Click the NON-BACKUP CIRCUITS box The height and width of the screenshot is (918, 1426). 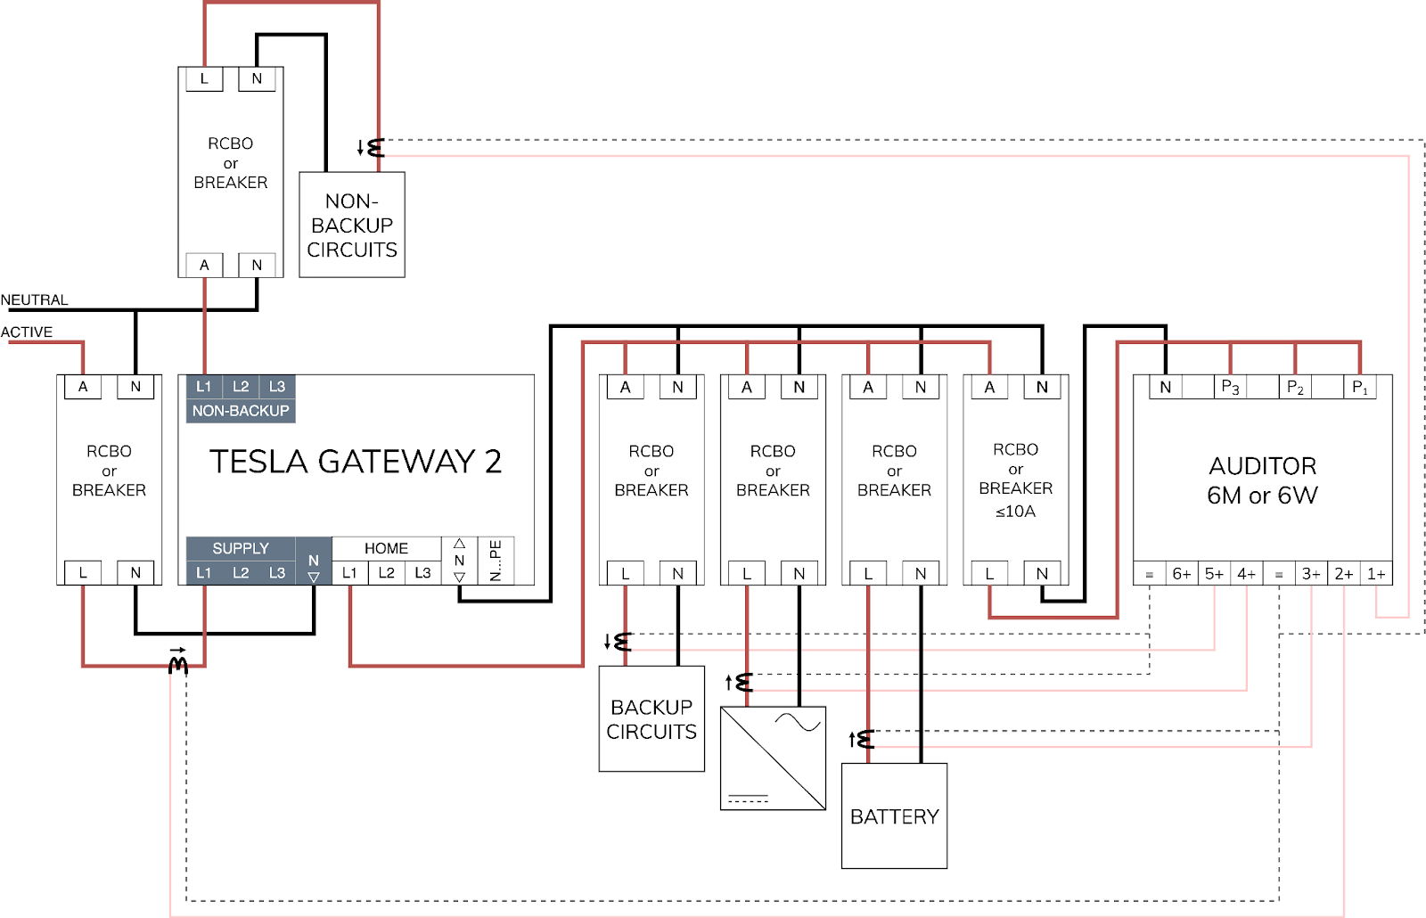click(352, 225)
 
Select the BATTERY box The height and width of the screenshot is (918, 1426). click(894, 816)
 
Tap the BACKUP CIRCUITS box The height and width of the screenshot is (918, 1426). click(652, 719)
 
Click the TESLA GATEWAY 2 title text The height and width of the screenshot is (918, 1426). click(356, 462)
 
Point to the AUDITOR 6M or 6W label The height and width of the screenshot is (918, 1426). click(1262, 480)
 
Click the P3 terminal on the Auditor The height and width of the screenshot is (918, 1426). click(1230, 387)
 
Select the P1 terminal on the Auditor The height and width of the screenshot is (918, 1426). click(1360, 387)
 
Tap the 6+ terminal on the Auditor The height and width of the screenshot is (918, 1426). click(1182, 574)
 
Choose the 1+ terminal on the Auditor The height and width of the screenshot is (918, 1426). click(1376, 574)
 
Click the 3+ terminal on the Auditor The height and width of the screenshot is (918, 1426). click(1311, 574)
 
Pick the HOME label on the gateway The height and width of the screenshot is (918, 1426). click(386, 548)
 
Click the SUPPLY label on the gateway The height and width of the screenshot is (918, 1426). click(241, 548)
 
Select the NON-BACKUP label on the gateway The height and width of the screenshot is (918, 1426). click(241, 411)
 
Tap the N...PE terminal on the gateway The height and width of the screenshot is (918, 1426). click(496, 561)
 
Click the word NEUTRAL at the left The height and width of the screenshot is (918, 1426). click(35, 300)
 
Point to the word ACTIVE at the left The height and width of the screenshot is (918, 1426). click(27, 332)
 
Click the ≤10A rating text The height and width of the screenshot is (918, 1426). click(1015, 512)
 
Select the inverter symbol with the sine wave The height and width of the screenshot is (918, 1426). click(773, 758)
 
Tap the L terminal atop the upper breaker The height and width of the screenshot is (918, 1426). click(204, 78)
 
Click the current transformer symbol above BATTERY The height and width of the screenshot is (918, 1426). click(863, 739)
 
